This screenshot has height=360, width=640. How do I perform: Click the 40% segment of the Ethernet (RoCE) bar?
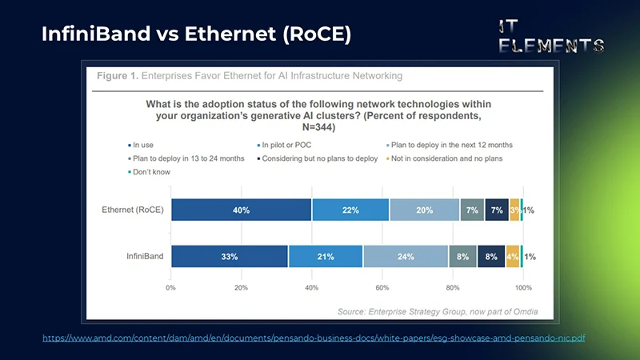(x=241, y=210)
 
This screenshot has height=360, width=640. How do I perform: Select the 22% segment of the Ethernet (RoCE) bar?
(x=350, y=210)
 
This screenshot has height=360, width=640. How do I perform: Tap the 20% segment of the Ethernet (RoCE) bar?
(x=424, y=210)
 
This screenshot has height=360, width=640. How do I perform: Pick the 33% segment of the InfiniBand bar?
(x=229, y=257)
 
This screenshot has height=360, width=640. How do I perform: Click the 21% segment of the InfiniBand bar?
(x=326, y=257)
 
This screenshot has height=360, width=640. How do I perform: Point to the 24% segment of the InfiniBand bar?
(x=406, y=257)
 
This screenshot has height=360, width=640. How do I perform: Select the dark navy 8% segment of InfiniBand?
(x=491, y=257)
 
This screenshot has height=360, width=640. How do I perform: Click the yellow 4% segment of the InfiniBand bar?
(x=513, y=257)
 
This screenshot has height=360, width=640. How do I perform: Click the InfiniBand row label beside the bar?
(x=145, y=257)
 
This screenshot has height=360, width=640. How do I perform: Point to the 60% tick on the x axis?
(x=382, y=286)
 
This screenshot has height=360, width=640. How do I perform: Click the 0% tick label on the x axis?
(x=171, y=286)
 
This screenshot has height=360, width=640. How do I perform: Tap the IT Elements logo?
(x=550, y=36)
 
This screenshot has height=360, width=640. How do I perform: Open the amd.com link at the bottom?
(x=314, y=338)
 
